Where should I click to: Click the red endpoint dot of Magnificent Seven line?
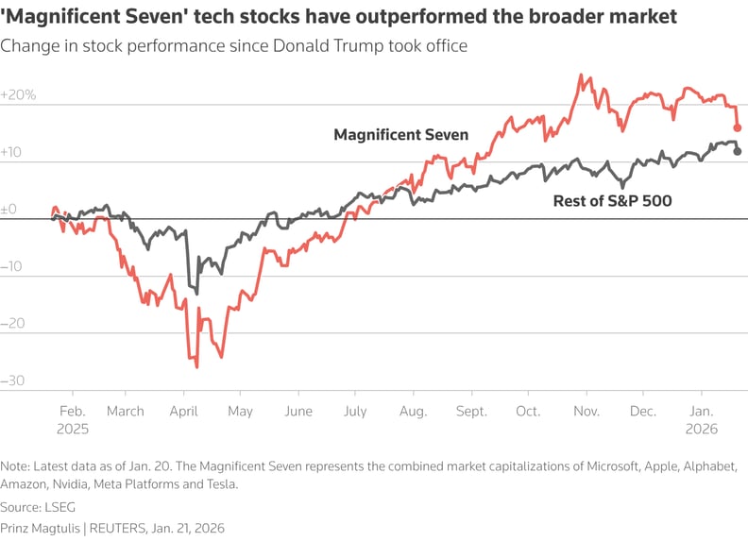(x=738, y=127)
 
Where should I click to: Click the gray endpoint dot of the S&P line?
(x=738, y=151)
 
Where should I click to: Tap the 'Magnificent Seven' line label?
(x=400, y=135)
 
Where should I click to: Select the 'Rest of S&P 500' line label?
(x=611, y=200)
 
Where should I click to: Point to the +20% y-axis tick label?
(x=18, y=95)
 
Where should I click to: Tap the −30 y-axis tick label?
(x=14, y=381)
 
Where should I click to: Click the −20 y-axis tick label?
(x=14, y=324)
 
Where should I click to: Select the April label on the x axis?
(x=183, y=412)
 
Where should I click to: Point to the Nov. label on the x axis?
(x=587, y=412)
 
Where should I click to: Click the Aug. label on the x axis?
(x=413, y=412)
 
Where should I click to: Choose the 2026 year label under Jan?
(x=701, y=428)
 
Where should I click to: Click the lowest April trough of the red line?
(x=196, y=366)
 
